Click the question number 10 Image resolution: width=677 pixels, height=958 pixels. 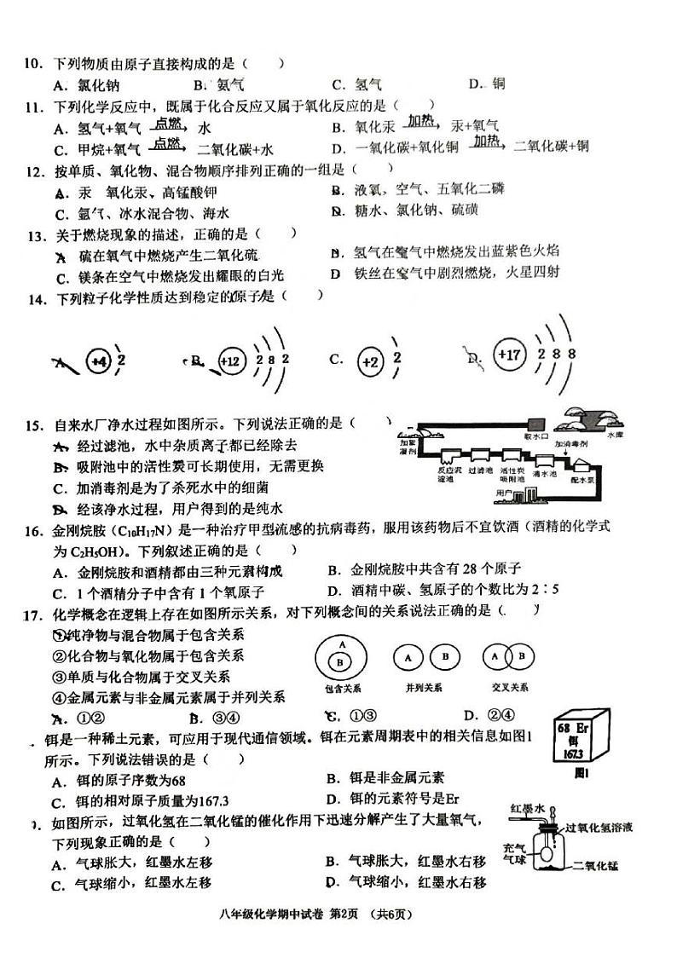(x=32, y=63)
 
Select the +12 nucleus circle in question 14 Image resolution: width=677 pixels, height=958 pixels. (x=230, y=360)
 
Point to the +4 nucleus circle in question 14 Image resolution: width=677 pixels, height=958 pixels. (x=98, y=361)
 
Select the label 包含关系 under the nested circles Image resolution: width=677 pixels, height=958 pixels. (x=339, y=688)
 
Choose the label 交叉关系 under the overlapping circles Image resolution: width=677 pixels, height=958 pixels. (x=509, y=688)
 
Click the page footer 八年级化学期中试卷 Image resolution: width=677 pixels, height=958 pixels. (x=271, y=915)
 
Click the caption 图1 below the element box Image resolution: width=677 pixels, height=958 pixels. (x=582, y=774)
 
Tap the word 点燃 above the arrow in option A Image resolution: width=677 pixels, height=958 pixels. (x=168, y=124)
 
